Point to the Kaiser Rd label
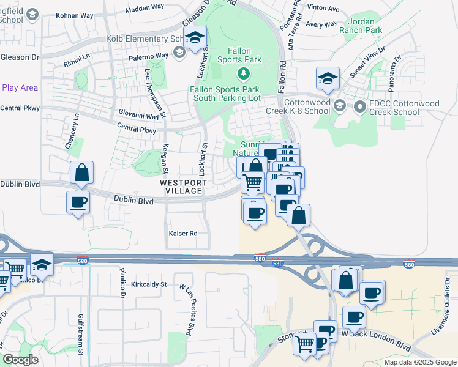pos(183,234)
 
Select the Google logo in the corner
pos(20,360)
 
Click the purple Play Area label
pos(20,87)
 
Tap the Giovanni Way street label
pos(139,114)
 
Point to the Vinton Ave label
pos(323,9)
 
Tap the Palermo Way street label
pos(148,56)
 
